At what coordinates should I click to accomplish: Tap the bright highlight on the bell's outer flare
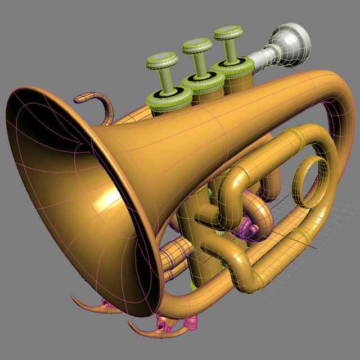(107, 197)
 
